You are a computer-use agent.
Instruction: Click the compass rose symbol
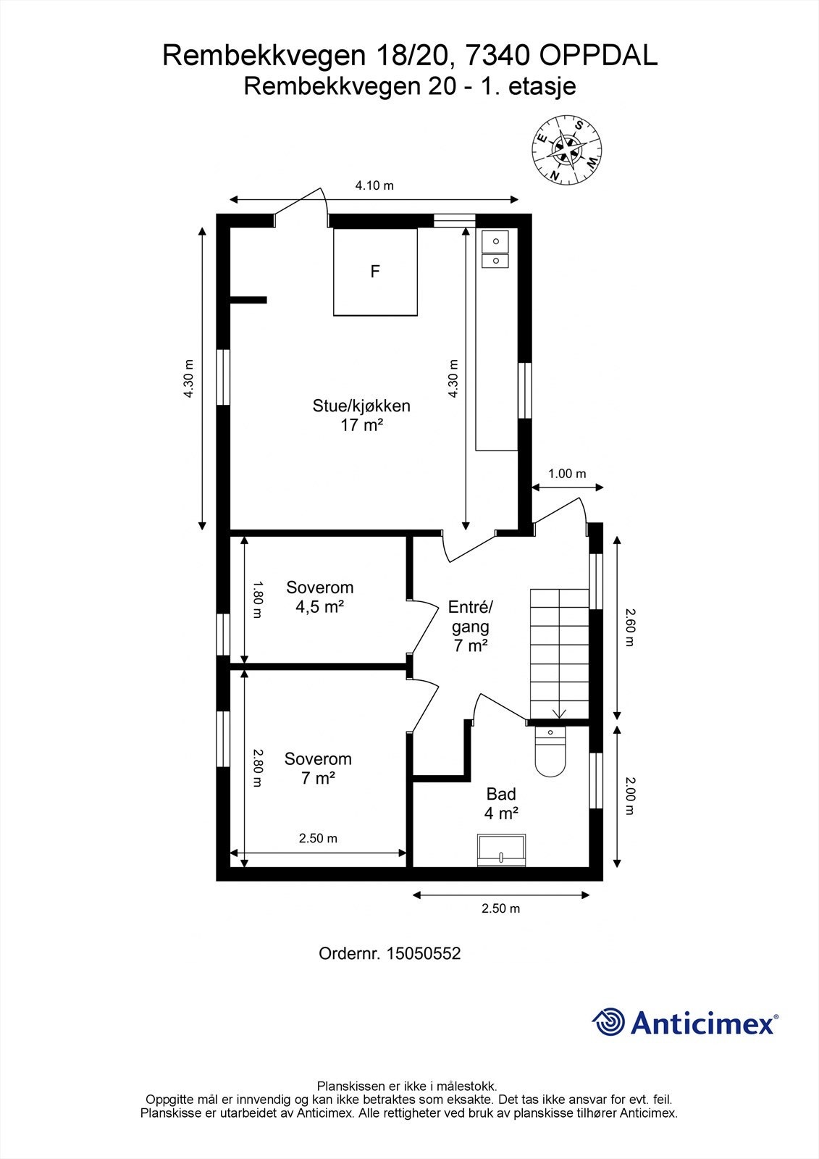[567, 149]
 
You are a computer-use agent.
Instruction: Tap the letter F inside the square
[375, 271]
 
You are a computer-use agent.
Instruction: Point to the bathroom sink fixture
[502, 850]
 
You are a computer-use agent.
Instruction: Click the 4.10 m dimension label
[374, 185]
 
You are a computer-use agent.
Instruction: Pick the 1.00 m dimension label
[567, 474]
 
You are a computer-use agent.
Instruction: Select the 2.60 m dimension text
[629, 627]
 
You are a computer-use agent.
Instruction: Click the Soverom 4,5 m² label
[320, 597]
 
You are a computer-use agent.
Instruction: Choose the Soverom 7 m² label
[318, 769]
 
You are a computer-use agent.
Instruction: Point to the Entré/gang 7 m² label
[470, 626]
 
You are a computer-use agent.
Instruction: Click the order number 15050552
[423, 953]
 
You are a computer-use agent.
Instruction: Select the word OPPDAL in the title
[598, 56]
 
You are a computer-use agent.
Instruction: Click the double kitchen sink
[495, 249]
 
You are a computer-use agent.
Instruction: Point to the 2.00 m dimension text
[629, 796]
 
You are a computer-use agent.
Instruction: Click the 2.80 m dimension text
[258, 768]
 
